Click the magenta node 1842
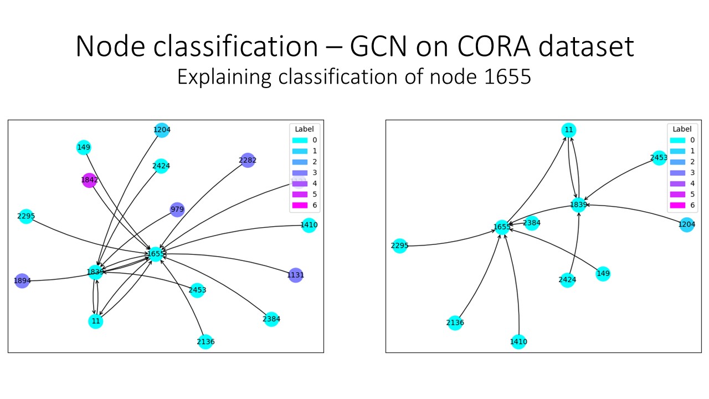[89, 180]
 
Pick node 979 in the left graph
[177, 209]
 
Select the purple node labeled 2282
[248, 161]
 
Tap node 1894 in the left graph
[22, 281]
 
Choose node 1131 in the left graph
[296, 275]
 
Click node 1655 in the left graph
[156, 254]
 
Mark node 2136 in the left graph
[205, 341]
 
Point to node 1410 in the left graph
[309, 225]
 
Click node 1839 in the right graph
[579, 204]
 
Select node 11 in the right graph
[568, 130]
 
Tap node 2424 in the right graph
[567, 279]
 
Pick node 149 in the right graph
[603, 273]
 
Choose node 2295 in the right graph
[399, 245]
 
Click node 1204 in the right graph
[687, 224]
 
